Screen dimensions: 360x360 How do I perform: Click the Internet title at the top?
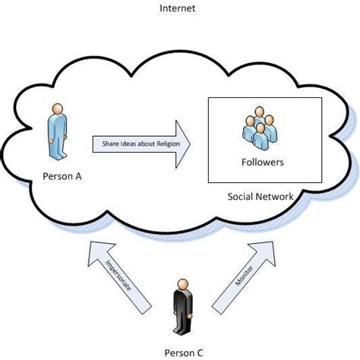179,9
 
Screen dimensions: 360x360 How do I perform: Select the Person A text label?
58,177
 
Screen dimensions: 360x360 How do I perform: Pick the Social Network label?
261,197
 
